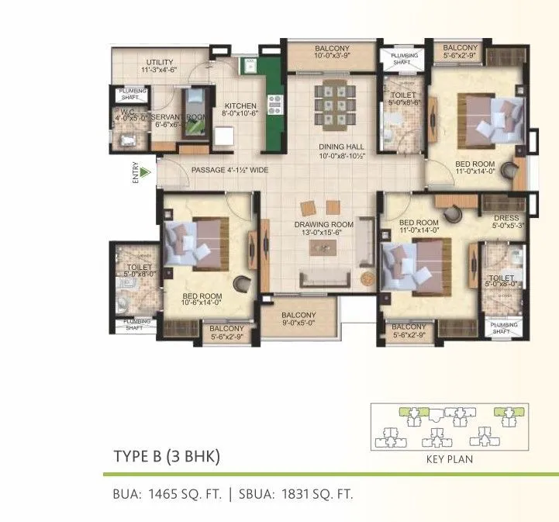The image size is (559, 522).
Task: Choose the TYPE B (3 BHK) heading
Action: pyautogui.click(x=167, y=457)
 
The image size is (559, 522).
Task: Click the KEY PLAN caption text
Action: pyautogui.click(x=450, y=459)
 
